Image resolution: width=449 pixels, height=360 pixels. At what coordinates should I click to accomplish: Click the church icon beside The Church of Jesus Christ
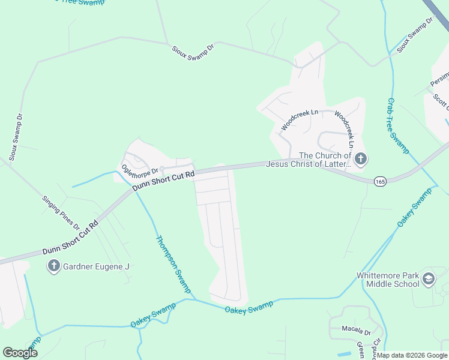360,159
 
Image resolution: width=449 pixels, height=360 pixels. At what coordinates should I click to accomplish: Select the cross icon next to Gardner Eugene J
53,266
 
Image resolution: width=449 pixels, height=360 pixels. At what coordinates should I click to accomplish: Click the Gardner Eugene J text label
97,266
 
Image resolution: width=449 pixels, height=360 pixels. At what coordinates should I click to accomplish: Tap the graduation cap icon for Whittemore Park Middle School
429,278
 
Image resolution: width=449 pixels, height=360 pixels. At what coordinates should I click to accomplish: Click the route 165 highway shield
379,181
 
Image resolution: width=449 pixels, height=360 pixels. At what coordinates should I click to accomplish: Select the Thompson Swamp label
173,265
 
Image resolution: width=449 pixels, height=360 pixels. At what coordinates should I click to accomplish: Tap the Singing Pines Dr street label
61,212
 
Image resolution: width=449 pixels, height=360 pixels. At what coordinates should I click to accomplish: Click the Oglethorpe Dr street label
139,171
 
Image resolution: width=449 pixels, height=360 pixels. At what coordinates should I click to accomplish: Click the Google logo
20,352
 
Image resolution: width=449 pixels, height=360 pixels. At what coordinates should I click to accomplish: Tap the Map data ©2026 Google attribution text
412,355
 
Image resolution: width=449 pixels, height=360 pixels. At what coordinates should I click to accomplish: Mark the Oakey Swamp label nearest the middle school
414,208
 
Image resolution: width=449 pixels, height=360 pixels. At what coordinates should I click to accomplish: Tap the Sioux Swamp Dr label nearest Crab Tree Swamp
415,36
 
